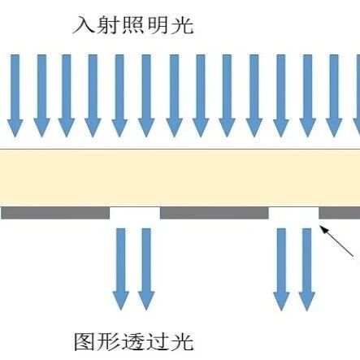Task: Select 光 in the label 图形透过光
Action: (183, 341)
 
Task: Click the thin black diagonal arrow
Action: (337, 241)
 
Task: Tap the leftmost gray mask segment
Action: (55, 213)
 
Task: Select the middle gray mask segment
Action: (215, 213)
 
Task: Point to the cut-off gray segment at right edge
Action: (340, 213)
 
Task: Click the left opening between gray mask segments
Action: (135, 213)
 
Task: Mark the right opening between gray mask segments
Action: (293, 213)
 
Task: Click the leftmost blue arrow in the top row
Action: (15, 96)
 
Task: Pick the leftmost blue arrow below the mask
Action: (121, 269)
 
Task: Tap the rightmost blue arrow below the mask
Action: (306, 269)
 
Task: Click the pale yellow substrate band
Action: (180, 178)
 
